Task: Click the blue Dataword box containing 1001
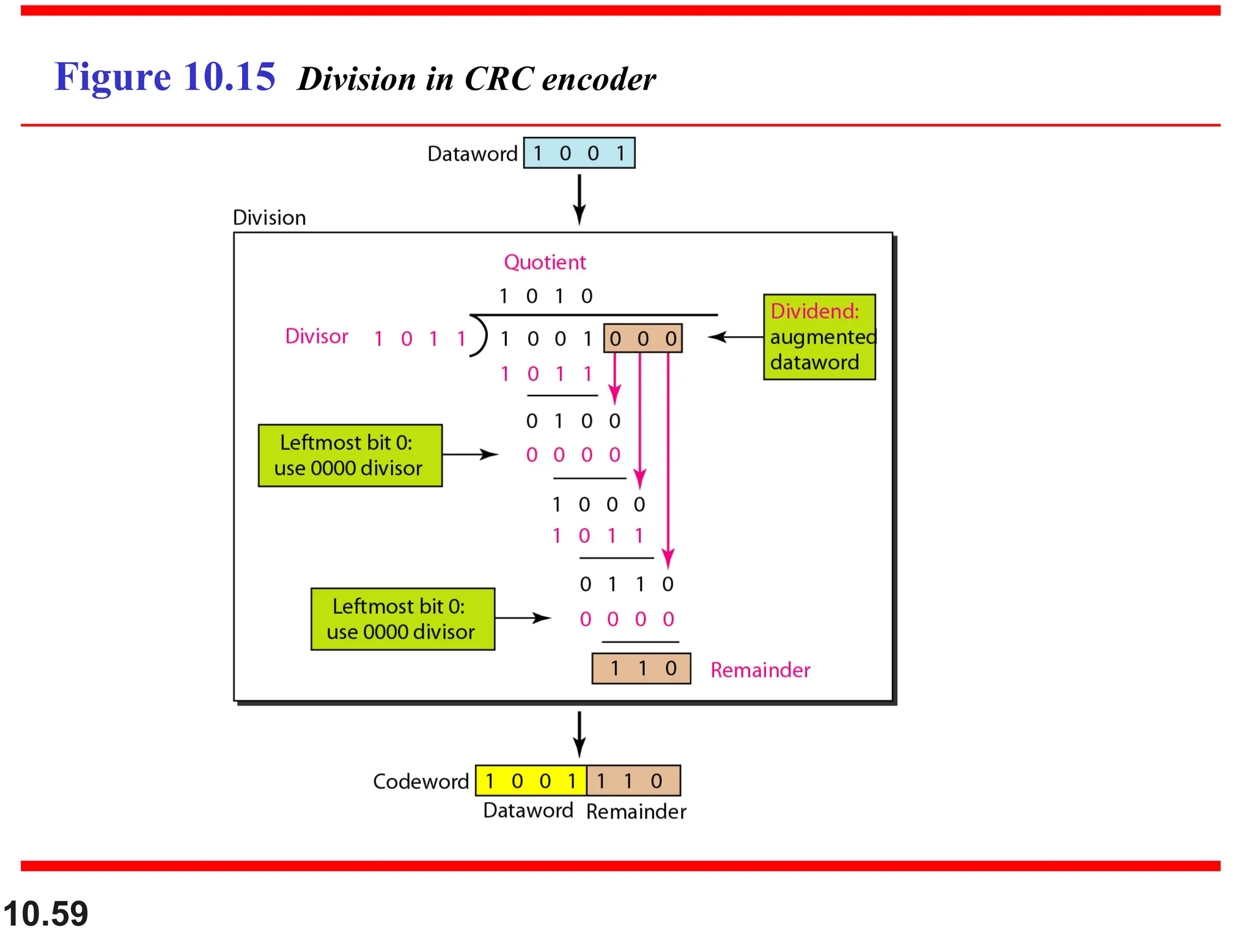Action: [579, 153]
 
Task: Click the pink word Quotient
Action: [544, 262]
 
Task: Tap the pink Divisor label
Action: [316, 336]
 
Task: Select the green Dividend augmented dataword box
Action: [819, 337]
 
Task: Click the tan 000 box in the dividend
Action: [643, 338]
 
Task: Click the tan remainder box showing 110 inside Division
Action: [641, 668]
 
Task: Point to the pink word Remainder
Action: [760, 670]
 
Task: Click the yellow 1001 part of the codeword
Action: [531, 781]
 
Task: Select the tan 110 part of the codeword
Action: [633, 781]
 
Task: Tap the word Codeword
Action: [421, 781]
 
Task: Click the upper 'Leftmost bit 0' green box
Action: [350, 455]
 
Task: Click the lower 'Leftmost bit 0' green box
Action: [402, 619]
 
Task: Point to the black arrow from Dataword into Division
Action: [579, 199]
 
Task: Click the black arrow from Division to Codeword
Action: [579, 734]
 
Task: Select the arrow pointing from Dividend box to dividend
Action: [735, 337]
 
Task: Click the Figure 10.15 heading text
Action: [164, 77]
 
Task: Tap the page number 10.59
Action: [46, 913]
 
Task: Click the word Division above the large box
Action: [269, 218]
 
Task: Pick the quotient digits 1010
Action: [545, 296]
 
